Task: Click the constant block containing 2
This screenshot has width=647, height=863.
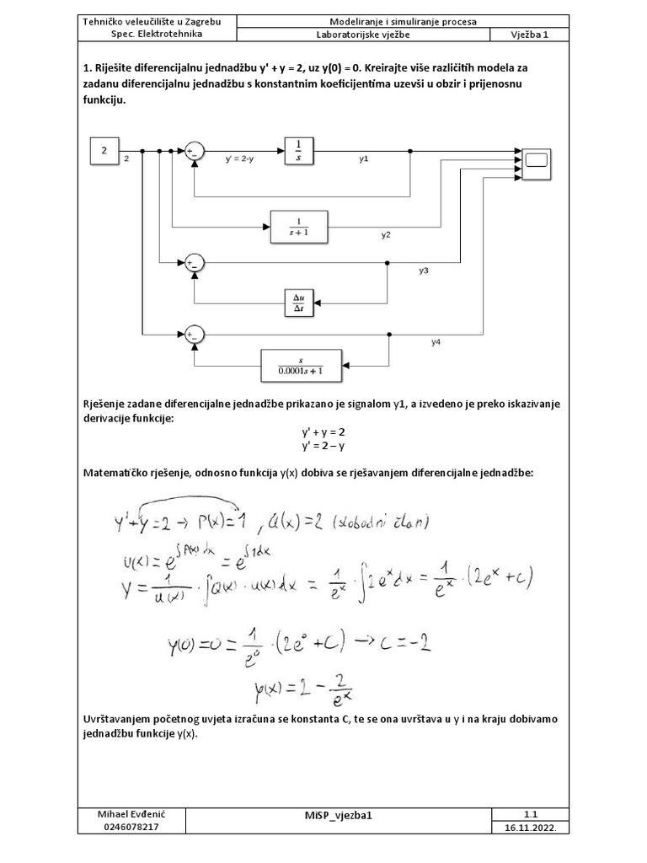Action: click(104, 152)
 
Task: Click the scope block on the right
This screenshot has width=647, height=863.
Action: click(537, 160)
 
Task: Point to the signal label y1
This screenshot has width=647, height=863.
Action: click(364, 158)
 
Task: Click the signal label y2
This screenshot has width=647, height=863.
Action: click(386, 235)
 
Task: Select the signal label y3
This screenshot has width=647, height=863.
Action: click(424, 271)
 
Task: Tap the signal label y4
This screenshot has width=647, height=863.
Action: click(436, 342)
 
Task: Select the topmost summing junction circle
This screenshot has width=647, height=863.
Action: click(195, 151)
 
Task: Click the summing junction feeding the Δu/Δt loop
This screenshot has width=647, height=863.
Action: click(195, 263)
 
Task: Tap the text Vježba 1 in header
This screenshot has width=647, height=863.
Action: click(528, 35)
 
